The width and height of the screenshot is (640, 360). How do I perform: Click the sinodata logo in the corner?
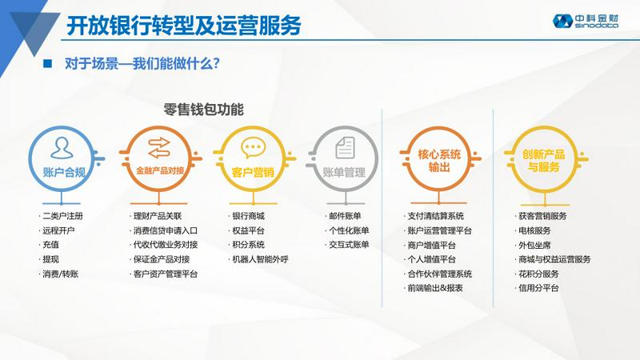coord(586,21)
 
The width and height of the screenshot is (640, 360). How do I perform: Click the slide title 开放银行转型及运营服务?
coord(184,26)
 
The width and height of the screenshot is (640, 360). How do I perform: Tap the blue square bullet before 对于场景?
coord(48,63)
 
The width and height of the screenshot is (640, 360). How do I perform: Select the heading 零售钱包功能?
coord(203,110)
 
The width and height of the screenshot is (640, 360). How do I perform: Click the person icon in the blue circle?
coord(62,148)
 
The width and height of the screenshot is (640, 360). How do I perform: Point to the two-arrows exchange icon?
coord(158,148)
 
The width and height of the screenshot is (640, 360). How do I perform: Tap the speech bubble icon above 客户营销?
coord(253,147)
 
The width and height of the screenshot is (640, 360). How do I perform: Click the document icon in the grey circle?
coord(345,147)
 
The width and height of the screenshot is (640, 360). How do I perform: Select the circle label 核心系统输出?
coord(438,161)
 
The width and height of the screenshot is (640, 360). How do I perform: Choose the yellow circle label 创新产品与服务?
coord(543,161)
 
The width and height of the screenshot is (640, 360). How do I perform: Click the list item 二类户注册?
coord(62,216)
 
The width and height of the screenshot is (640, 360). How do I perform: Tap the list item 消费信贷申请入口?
coord(166,230)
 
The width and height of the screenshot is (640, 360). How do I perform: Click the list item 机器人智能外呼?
coord(260,259)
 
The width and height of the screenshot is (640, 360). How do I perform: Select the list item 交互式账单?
coord(349,245)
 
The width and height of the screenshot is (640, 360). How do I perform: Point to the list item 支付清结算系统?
coord(435,216)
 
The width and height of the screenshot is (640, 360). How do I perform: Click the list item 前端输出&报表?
coord(435,288)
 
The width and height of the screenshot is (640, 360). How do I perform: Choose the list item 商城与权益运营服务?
coord(554,259)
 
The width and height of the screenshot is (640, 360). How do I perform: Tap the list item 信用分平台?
coord(538,288)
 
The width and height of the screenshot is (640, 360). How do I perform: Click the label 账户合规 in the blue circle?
coord(65,172)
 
